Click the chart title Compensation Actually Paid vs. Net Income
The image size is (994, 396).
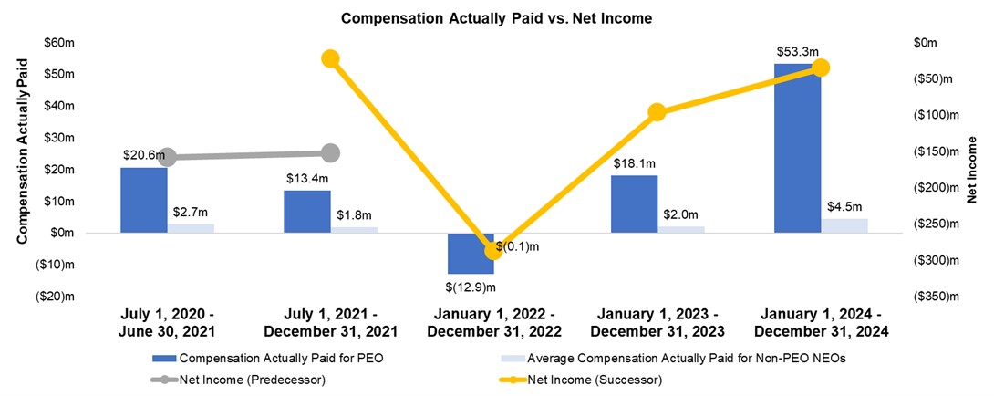497,17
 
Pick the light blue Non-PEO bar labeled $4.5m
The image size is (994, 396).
844,225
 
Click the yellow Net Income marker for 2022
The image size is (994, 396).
493,250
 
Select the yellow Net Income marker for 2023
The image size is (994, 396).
657,112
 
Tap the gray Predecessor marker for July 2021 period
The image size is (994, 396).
330,153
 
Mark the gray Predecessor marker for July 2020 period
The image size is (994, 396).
167,157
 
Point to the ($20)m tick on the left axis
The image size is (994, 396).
55,297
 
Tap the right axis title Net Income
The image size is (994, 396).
973,170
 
